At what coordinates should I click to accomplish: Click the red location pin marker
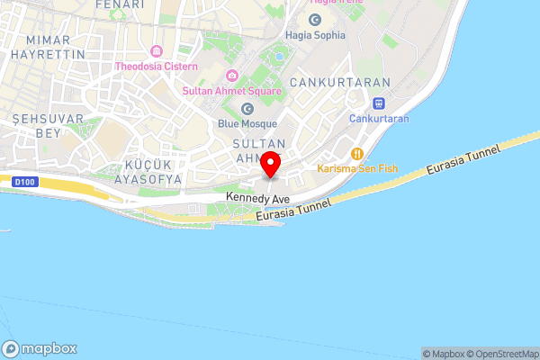tap(271, 166)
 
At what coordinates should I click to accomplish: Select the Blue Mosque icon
tap(247, 109)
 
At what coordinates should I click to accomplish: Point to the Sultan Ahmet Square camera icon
tap(231, 76)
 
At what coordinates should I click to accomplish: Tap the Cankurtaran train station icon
tap(379, 103)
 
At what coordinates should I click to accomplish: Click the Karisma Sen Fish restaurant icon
tap(357, 153)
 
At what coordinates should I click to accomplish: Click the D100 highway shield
tap(22, 182)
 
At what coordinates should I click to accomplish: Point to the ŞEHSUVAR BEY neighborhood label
tap(48, 125)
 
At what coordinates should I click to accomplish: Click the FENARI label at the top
tap(119, 4)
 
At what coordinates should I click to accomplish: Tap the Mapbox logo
tap(40, 349)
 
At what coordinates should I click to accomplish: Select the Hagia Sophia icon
tap(316, 19)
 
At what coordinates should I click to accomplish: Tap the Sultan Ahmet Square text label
tap(232, 91)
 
